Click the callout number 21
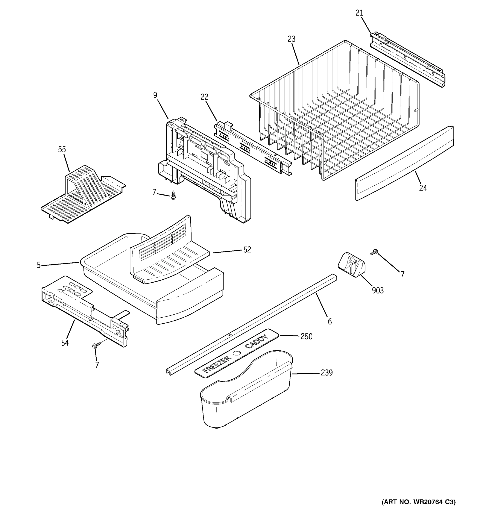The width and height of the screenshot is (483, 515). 359,13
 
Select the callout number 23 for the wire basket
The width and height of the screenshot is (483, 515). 291,39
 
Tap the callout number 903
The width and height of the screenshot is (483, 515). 378,291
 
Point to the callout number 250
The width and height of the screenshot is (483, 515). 306,336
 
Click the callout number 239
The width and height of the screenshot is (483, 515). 327,373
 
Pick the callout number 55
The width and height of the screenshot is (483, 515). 62,150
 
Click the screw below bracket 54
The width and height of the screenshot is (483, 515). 95,345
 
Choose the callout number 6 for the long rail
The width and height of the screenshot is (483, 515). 330,322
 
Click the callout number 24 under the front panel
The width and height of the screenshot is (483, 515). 423,188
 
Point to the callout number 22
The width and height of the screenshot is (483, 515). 204,97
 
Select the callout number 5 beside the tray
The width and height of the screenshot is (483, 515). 39,265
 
